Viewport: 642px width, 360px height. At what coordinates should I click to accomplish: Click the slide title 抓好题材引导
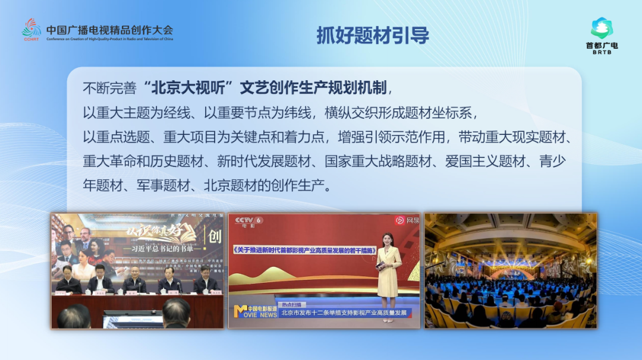373,36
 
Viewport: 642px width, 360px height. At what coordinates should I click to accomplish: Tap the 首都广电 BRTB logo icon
602,28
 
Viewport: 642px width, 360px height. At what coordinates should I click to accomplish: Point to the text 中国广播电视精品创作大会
109,30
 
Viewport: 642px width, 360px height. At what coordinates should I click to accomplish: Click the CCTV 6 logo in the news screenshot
248,222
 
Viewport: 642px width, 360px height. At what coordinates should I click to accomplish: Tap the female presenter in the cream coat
389,273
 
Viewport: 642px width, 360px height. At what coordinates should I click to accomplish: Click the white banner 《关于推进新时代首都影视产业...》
303,250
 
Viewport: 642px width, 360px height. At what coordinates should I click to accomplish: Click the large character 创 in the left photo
215,237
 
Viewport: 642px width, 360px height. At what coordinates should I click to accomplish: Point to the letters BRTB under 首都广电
602,52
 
